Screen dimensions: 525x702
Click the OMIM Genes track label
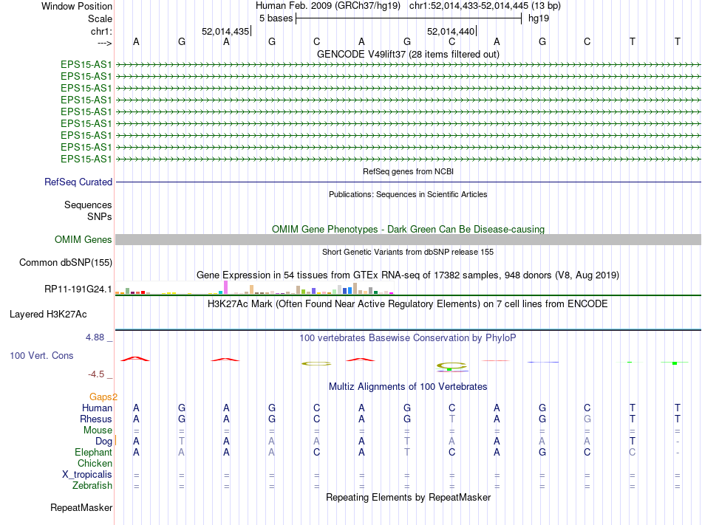pos(84,239)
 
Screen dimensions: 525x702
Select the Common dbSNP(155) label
pos(65,262)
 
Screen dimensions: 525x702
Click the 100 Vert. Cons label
pos(41,355)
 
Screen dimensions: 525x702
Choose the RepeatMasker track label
pos(81,507)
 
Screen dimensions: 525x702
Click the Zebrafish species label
pos(92,485)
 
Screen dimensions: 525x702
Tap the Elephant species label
pos(93,452)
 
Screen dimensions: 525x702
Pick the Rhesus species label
pos(96,419)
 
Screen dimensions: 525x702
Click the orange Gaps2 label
pos(103,397)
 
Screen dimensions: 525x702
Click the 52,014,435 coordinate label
pos(225,32)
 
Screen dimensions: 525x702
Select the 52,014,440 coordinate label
pos(451,32)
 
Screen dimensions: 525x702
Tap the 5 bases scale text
pos(276,18)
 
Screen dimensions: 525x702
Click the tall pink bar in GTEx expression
pos(225,286)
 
